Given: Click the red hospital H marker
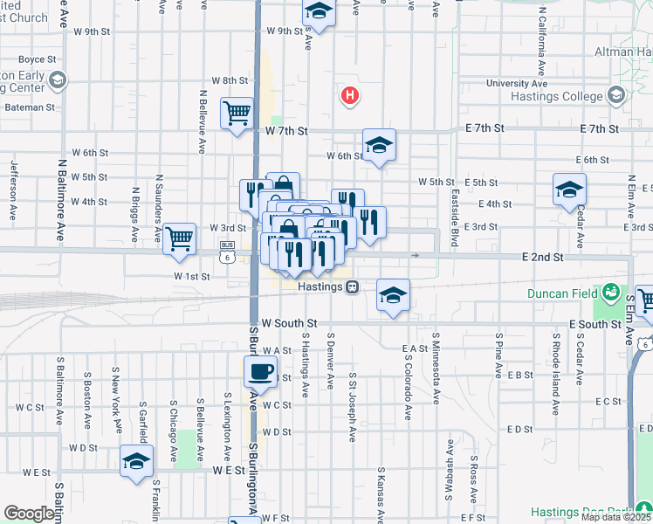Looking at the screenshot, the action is (350, 95).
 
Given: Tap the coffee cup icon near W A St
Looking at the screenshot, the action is (260, 373).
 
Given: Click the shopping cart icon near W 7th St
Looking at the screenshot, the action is (237, 113).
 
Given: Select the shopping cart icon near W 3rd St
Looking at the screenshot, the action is (179, 237).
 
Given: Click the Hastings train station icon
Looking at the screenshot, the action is (352, 286).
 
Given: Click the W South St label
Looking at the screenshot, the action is (281, 324).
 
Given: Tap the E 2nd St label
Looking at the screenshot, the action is (543, 259).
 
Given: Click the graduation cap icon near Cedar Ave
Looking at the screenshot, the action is (569, 190).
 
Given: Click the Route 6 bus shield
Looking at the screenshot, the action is (227, 258).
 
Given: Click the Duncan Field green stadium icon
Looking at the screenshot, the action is (610, 292).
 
